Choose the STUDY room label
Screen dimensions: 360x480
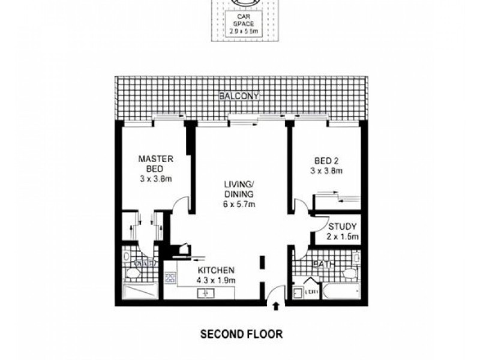[x=343, y=227]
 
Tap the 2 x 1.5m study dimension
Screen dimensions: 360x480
[x=343, y=237]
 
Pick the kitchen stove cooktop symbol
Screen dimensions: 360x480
[x=171, y=278]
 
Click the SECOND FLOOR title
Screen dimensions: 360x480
[x=241, y=333]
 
